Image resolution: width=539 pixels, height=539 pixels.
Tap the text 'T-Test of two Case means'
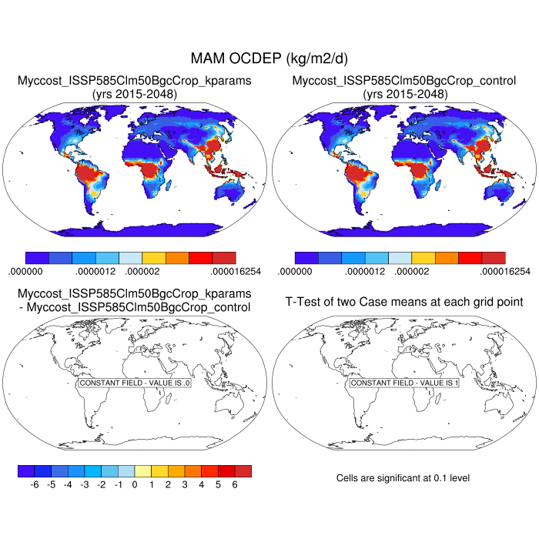[404, 302]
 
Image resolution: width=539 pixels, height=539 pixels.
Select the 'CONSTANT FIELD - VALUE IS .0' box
[135, 383]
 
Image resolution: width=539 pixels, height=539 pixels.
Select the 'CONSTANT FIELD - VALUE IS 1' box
[404, 383]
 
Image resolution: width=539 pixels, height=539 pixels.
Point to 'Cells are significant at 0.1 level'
[403, 478]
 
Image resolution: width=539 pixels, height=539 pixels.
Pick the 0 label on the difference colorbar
[135, 485]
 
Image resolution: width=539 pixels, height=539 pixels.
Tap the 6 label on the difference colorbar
[235, 485]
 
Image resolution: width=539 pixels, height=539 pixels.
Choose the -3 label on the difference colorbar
[84, 485]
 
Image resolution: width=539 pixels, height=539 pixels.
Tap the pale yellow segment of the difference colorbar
[143, 470]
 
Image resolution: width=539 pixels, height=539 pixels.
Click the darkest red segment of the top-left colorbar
[224, 257]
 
